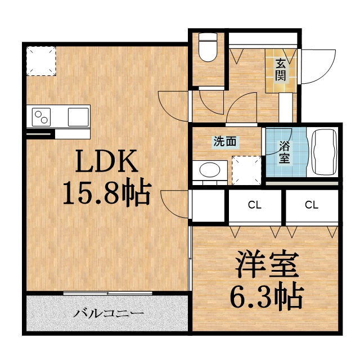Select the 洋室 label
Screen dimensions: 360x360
[265, 264]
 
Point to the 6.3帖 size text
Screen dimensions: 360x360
[265, 295]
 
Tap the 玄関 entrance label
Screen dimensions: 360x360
[280, 70]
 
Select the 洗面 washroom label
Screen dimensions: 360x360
[224, 142]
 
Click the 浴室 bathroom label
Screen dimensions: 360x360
[285, 151]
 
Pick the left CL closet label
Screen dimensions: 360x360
[255, 205]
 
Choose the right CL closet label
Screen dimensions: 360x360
[311, 205]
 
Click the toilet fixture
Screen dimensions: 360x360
[208, 49]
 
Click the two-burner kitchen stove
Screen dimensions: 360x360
[42, 118]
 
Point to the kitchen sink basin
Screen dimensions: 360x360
[78, 117]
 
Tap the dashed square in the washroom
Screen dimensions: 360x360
[245, 170]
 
